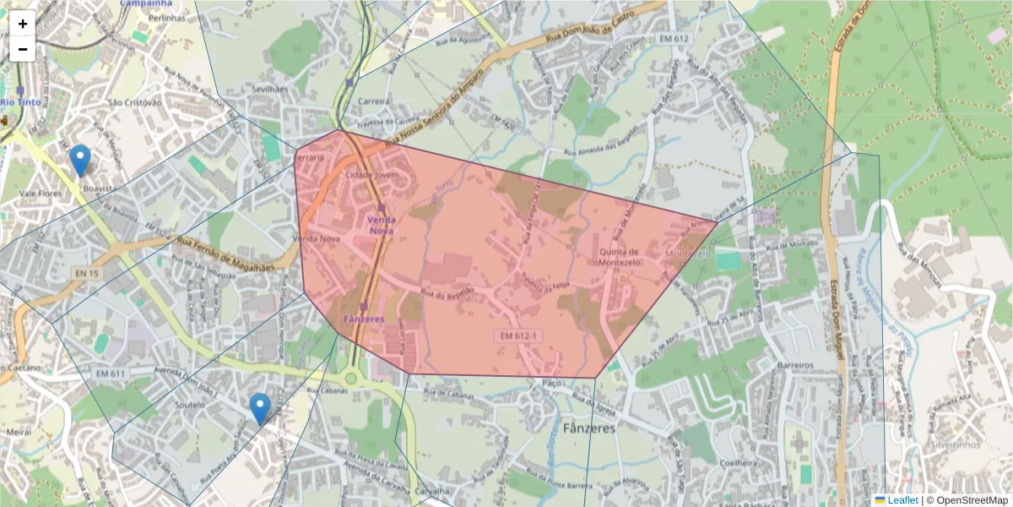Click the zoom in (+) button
pyautogui.click(x=23, y=24)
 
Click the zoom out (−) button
pyautogui.click(x=23, y=49)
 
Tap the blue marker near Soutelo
pyautogui.click(x=260, y=409)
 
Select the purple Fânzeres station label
pyautogui.click(x=364, y=319)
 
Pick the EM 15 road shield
pyautogui.click(x=87, y=273)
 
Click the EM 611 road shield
pyautogui.click(x=111, y=373)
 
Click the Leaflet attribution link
pyautogui.click(x=902, y=500)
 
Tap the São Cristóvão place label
pyautogui.click(x=134, y=102)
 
